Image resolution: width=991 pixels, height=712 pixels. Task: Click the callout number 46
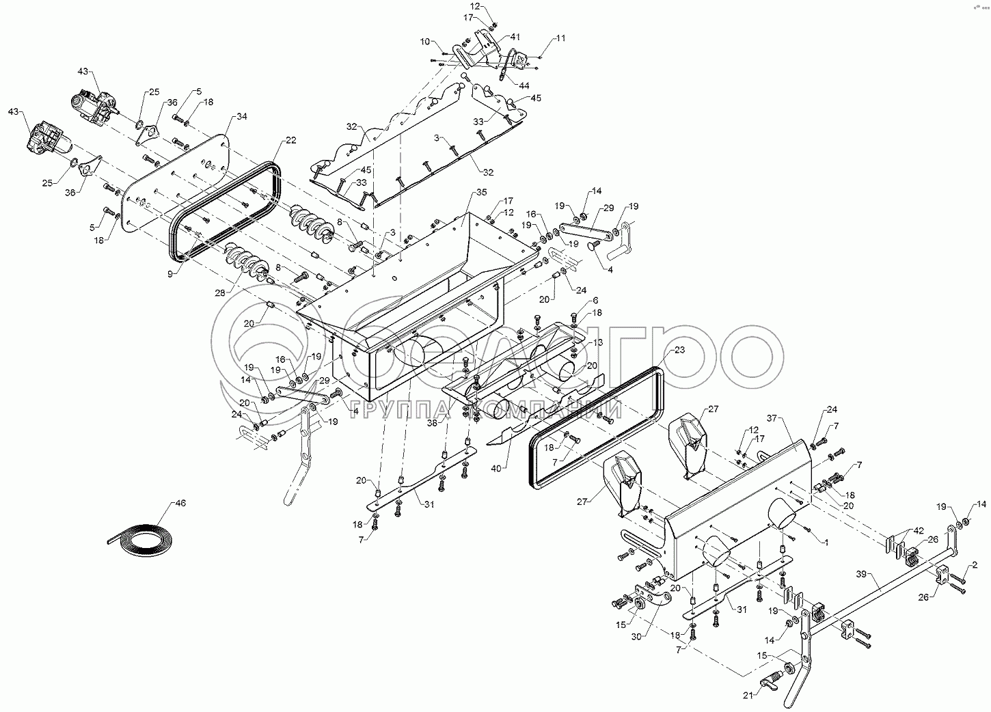[x=180, y=503]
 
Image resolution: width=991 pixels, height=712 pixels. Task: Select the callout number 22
[x=291, y=140]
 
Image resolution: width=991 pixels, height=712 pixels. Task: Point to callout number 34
[x=242, y=116]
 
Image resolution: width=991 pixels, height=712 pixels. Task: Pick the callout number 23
[x=679, y=350]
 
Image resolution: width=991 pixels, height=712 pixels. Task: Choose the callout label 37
[x=773, y=417]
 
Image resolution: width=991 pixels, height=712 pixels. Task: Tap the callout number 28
[x=219, y=293]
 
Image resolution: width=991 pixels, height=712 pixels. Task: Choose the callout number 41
[x=515, y=36]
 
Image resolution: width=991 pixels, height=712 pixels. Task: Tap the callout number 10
[x=425, y=42]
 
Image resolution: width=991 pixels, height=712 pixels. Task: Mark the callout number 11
[x=560, y=39]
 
